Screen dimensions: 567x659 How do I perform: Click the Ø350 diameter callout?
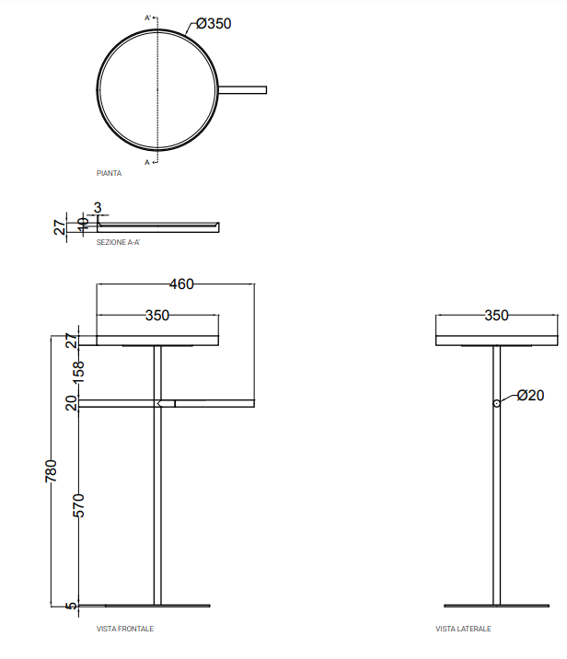point(214,24)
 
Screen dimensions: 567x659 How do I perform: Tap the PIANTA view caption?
point(109,173)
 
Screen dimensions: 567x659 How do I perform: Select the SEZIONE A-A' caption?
point(118,242)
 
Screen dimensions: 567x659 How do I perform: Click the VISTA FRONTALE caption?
point(125,629)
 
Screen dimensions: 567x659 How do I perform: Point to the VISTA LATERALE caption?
point(463,629)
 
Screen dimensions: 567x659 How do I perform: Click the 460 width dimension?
point(181,284)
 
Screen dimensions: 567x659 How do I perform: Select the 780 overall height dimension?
point(51,470)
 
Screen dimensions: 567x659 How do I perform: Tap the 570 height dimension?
point(78,505)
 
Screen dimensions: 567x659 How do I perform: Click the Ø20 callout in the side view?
point(530,395)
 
